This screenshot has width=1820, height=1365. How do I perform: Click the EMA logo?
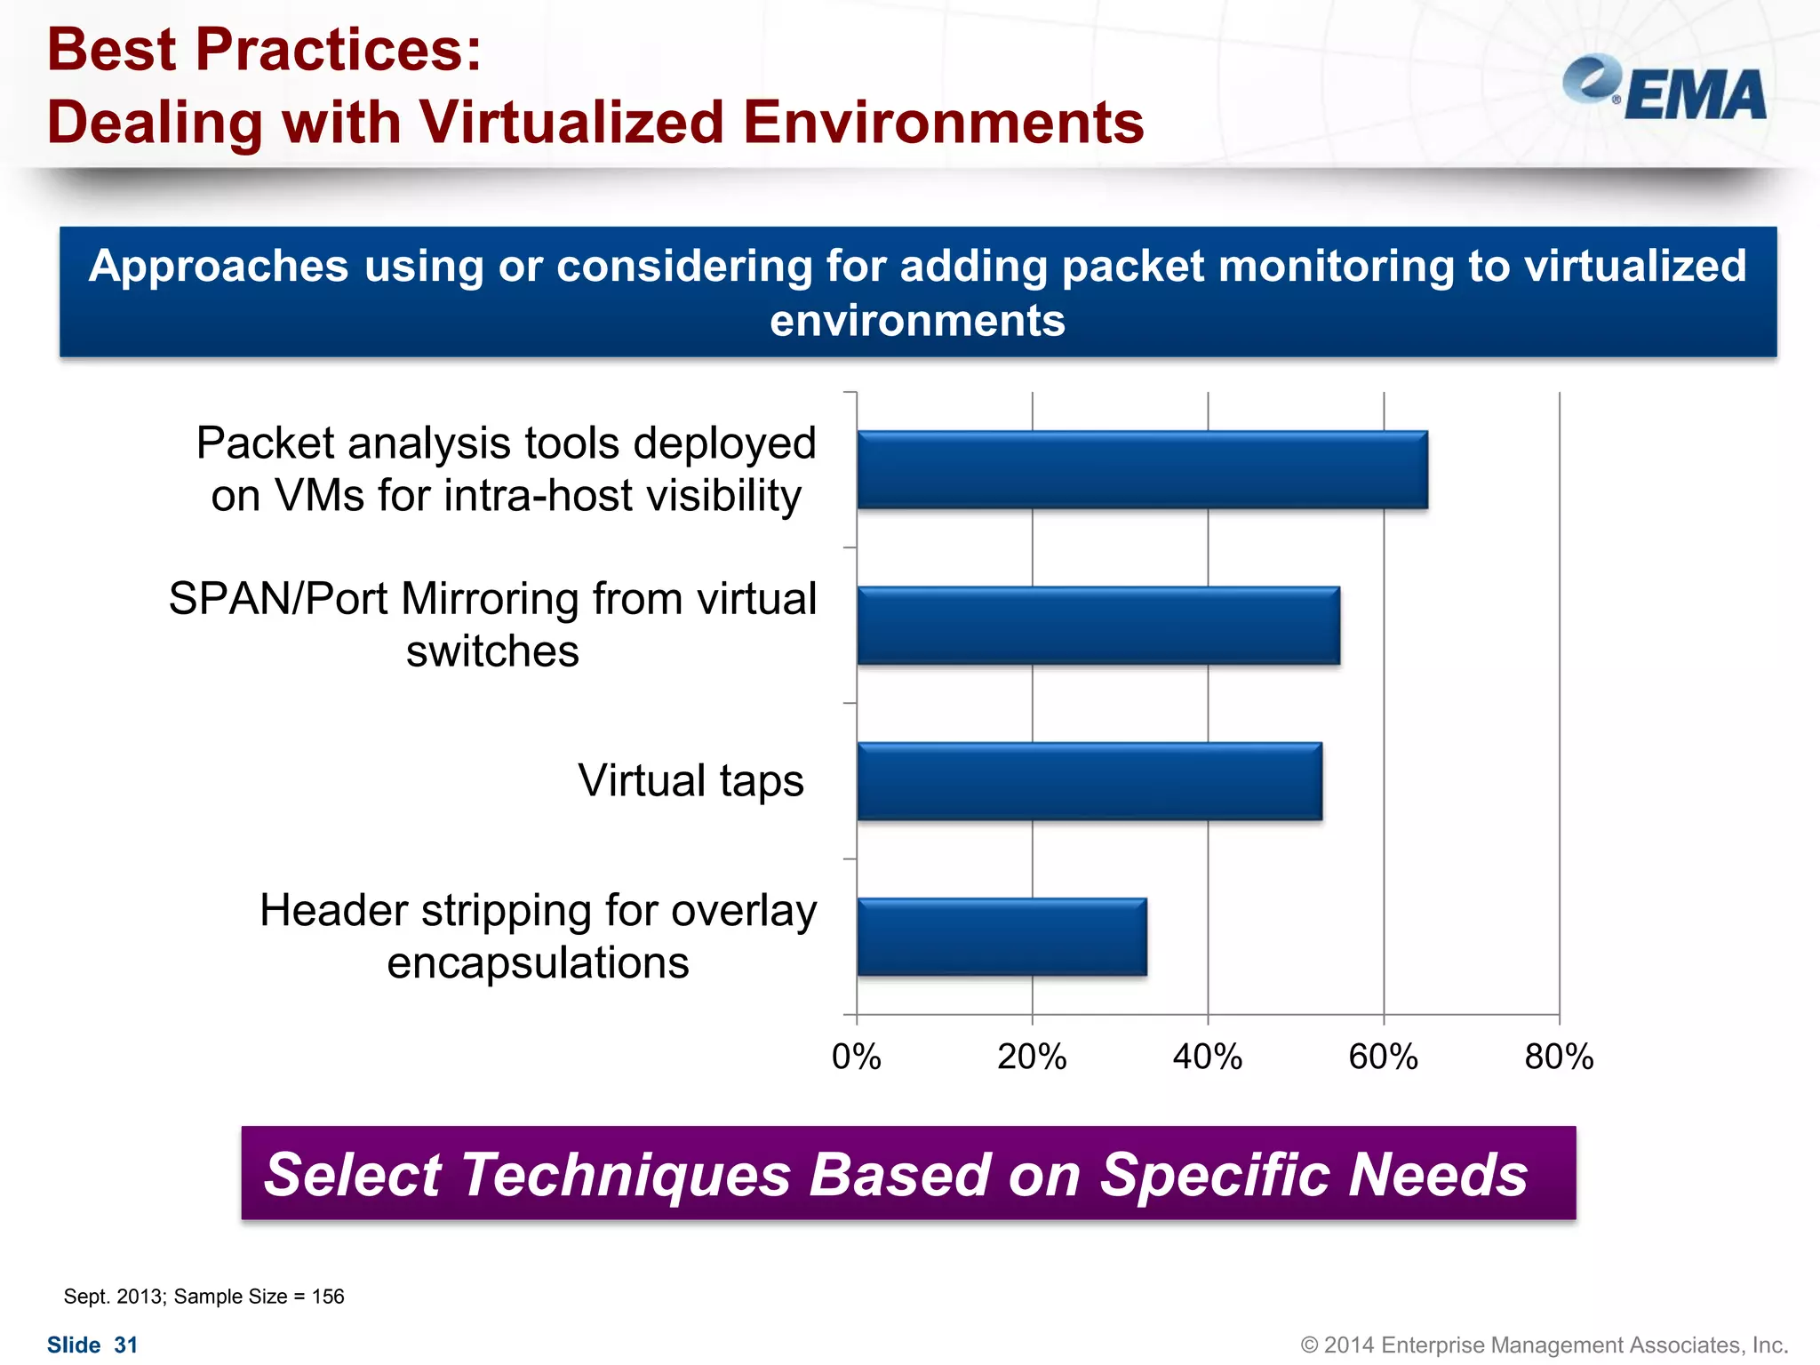(x=1664, y=89)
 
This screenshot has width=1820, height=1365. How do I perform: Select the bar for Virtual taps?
(x=1090, y=781)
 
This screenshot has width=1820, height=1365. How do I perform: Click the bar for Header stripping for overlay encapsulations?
(x=1002, y=937)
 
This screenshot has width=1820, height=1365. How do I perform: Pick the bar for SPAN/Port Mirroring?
(x=1098, y=625)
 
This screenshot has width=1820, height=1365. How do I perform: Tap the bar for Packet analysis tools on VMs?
(x=1142, y=469)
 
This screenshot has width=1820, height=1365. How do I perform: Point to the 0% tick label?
(x=856, y=1058)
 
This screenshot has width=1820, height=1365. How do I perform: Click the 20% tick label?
(x=1032, y=1058)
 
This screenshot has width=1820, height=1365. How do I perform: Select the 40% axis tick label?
(x=1208, y=1058)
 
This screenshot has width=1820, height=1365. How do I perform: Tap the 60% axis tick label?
(x=1384, y=1058)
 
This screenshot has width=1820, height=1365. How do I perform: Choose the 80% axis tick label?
(x=1560, y=1058)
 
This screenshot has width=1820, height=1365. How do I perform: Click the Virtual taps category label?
(x=690, y=781)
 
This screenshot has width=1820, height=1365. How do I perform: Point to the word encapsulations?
(x=538, y=963)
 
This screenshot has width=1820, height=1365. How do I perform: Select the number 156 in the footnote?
(x=328, y=1297)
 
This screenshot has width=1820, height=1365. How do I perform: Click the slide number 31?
(x=126, y=1345)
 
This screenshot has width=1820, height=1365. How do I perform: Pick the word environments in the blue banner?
(x=917, y=321)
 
